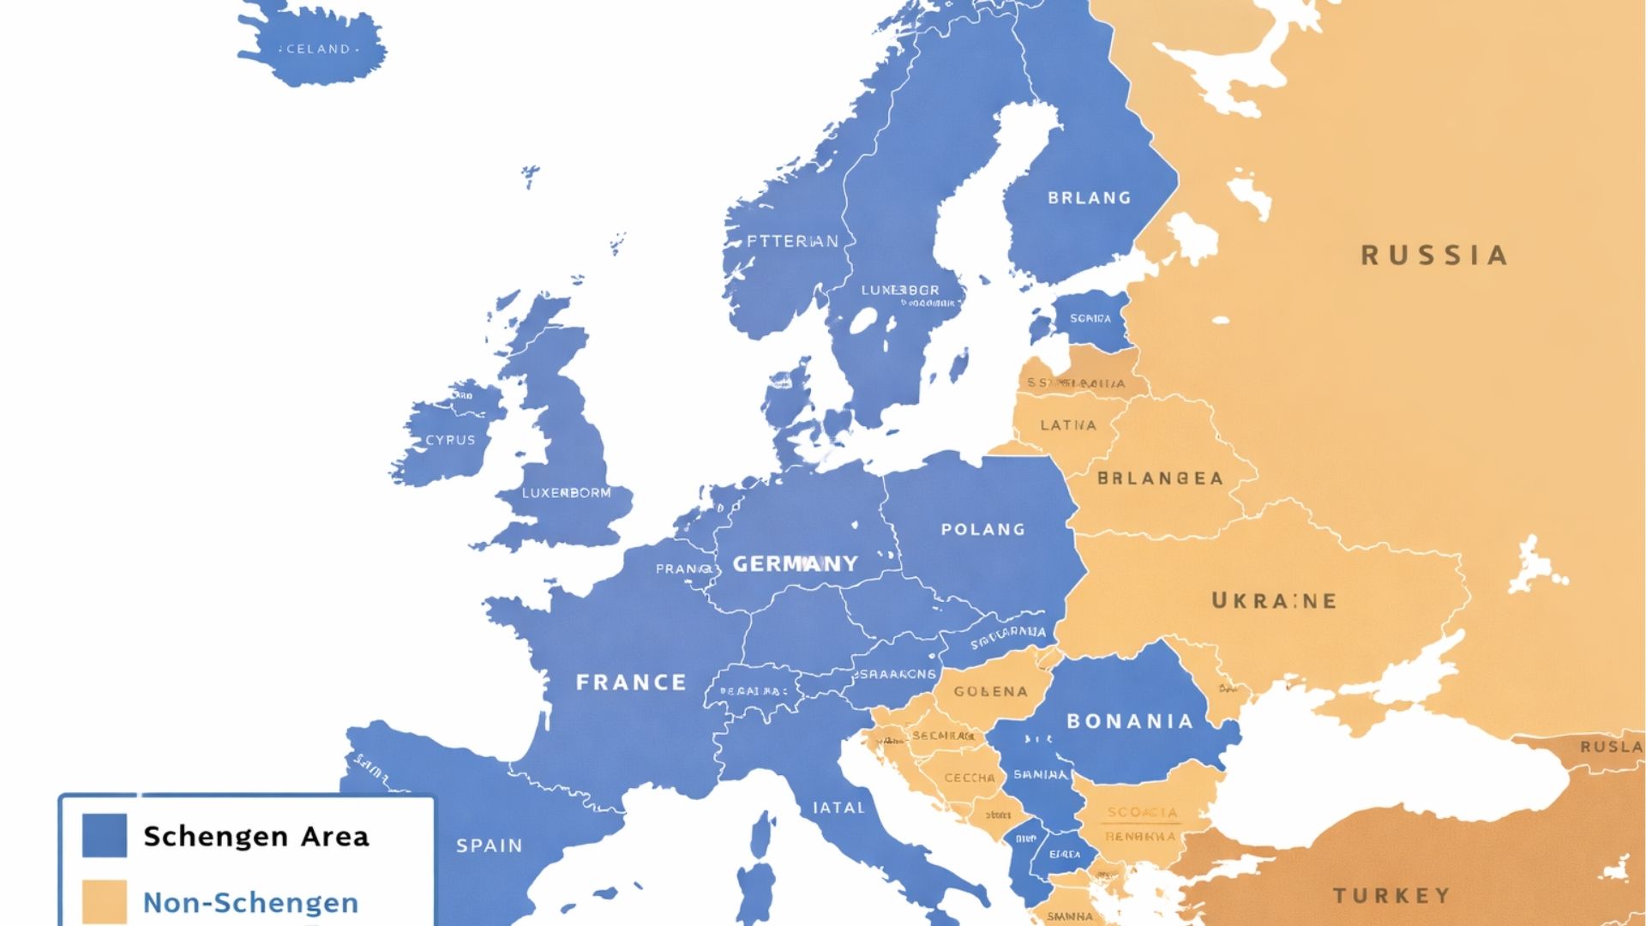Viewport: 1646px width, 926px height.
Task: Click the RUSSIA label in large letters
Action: point(1434,256)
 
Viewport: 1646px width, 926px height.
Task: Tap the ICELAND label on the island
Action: point(315,49)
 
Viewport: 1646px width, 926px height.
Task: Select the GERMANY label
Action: point(795,563)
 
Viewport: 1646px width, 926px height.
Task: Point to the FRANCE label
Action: point(631,682)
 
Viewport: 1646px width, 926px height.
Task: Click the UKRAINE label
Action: point(1274,601)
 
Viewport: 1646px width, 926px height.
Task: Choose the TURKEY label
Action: point(1391,896)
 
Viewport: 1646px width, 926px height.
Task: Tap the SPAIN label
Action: point(489,846)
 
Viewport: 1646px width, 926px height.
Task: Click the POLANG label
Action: point(982,530)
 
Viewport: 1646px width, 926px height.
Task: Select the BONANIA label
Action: point(1130,722)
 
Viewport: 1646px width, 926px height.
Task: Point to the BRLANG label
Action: point(1089,198)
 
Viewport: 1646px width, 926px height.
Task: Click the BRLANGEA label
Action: point(1160,478)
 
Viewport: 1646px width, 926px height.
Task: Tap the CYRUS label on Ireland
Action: point(450,440)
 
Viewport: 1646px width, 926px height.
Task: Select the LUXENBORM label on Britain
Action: point(566,493)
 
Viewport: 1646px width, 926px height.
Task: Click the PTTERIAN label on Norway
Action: point(792,242)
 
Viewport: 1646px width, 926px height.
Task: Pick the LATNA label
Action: point(1067,425)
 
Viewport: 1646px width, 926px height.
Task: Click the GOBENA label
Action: point(990,691)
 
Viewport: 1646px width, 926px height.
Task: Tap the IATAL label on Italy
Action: point(838,808)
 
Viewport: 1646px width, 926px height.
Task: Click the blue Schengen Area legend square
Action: point(105,835)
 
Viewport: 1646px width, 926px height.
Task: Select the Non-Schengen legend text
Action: point(250,903)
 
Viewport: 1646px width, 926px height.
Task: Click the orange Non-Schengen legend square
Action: point(105,902)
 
